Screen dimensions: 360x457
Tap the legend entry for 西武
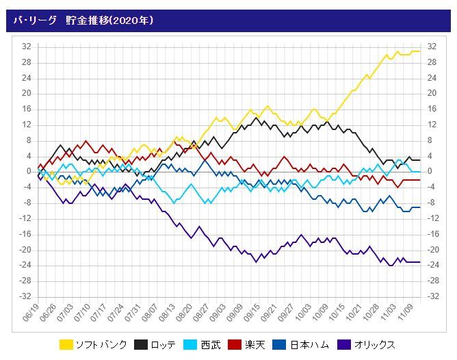coord(212,344)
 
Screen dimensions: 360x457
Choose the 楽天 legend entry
coord(261,344)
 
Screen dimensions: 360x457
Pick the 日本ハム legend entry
coord(315,344)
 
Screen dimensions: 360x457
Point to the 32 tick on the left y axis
coord(26,47)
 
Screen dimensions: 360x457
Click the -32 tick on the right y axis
coord(432,296)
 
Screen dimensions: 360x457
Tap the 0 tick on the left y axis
coord(29,171)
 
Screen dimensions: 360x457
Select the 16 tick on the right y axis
coord(431,109)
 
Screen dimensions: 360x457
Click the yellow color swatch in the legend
coord(66,344)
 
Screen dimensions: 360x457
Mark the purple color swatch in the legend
coord(340,344)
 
